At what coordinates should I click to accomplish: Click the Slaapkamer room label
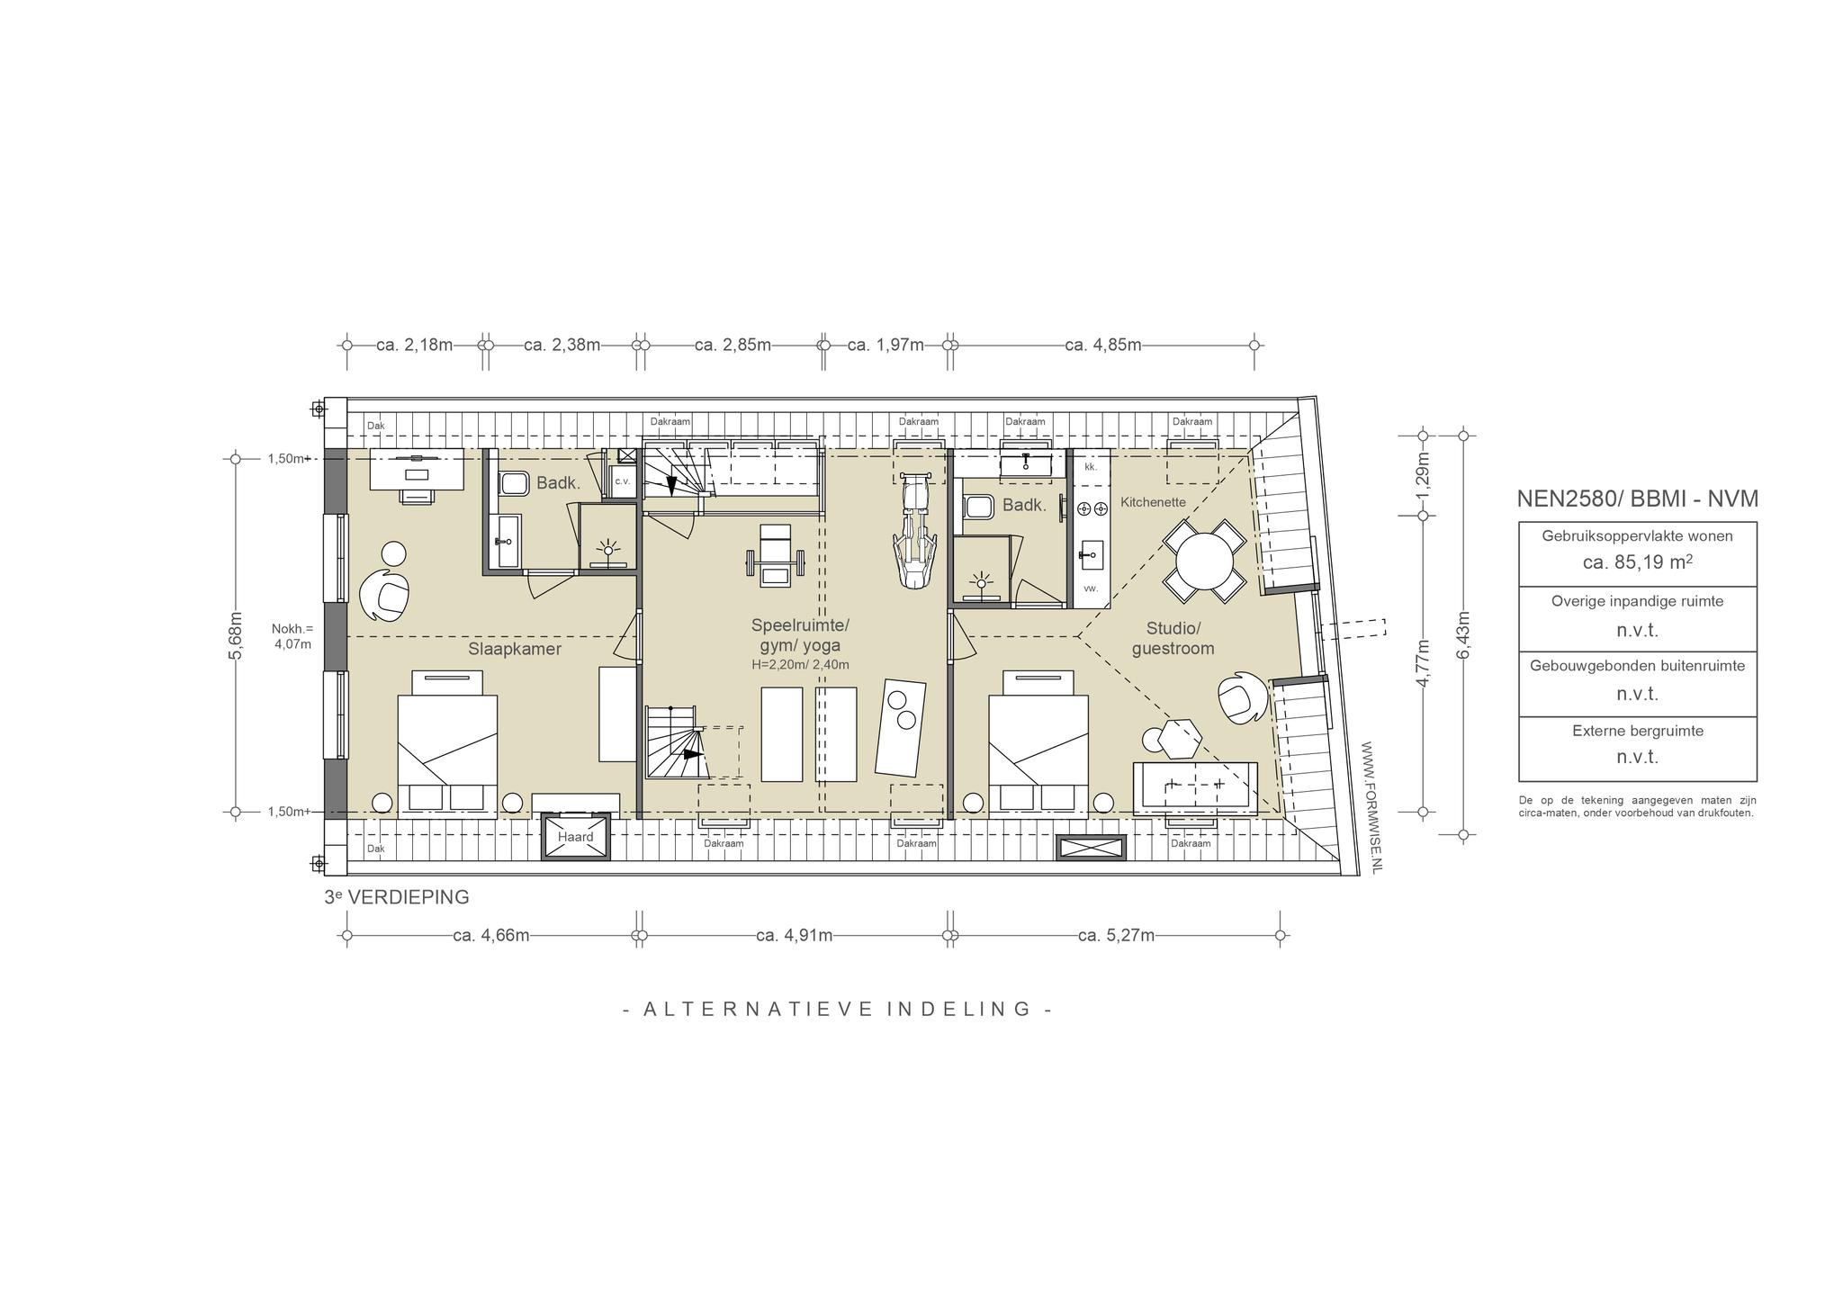click(x=514, y=649)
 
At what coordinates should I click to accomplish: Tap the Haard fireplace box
click(x=575, y=837)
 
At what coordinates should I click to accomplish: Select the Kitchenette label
click(x=1153, y=502)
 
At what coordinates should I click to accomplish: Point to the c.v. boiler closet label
click(x=622, y=481)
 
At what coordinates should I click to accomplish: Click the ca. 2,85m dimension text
click(x=733, y=345)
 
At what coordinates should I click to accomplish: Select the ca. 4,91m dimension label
click(x=794, y=935)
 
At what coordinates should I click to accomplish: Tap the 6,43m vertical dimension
click(x=1463, y=635)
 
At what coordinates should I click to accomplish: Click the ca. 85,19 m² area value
click(x=1637, y=562)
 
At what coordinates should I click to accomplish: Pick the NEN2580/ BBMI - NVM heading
click(x=1637, y=499)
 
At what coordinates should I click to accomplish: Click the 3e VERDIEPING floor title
click(x=397, y=897)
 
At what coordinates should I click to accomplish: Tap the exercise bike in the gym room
click(x=914, y=532)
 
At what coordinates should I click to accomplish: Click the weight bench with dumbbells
click(x=773, y=556)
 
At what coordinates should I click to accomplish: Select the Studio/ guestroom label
click(x=1173, y=638)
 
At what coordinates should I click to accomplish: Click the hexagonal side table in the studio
click(x=1180, y=740)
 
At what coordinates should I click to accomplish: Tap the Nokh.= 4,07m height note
click(x=292, y=636)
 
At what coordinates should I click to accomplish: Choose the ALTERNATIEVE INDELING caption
click(x=838, y=1009)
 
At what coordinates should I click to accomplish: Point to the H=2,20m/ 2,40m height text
click(x=800, y=665)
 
